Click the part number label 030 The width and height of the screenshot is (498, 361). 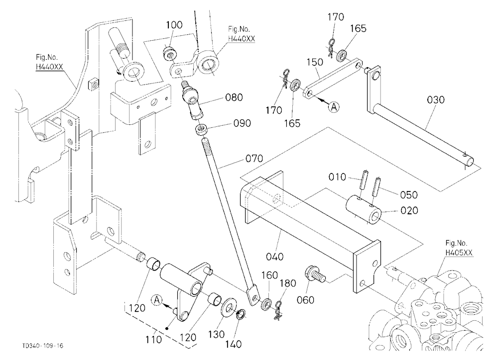(435, 100)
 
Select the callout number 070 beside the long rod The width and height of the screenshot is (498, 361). (254, 158)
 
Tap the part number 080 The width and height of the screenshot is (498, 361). (234, 97)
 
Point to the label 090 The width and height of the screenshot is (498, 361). (242, 123)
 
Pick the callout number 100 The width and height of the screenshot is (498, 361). (174, 25)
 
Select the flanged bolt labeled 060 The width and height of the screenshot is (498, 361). (315, 275)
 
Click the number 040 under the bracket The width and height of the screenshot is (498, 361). (274, 257)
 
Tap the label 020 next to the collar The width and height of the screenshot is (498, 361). (409, 210)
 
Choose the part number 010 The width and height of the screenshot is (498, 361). (337, 177)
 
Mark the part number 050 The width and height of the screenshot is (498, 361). (409, 195)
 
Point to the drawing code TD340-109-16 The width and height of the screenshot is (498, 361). (42, 346)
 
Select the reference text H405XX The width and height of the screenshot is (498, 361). (459, 253)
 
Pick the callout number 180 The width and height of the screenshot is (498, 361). (287, 283)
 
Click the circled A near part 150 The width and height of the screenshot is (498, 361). (334, 107)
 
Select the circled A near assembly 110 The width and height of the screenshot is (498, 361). (157, 300)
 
